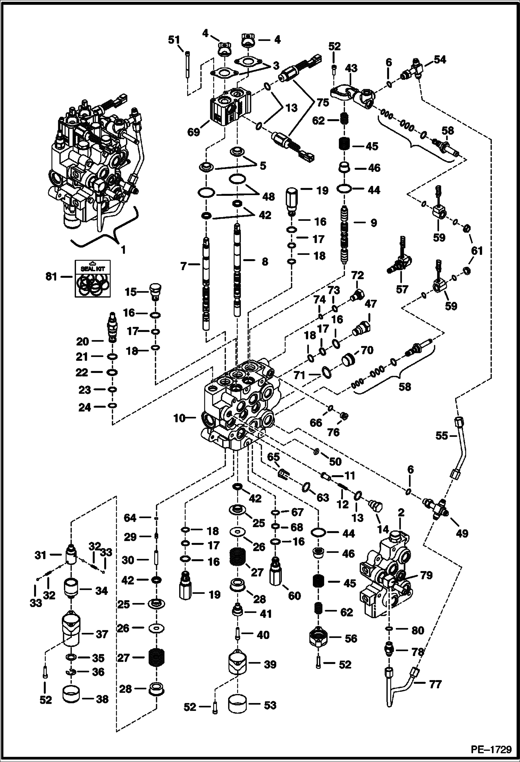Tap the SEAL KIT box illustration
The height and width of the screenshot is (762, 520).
click(x=93, y=278)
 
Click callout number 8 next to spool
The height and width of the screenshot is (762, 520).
click(x=265, y=262)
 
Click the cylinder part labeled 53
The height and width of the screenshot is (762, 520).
click(x=237, y=705)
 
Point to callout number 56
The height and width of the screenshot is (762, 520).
click(x=351, y=638)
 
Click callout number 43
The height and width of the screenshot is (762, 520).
click(x=351, y=68)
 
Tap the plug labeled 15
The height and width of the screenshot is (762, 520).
click(x=156, y=293)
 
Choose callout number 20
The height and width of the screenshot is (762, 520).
click(x=83, y=341)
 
